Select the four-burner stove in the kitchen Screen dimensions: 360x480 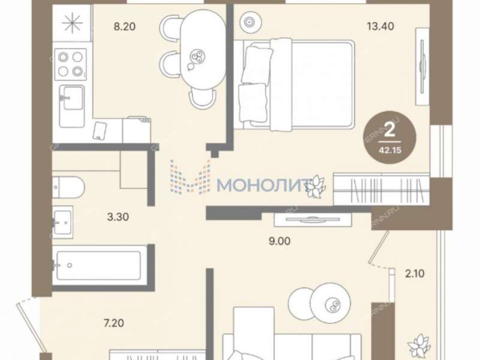point(69,64)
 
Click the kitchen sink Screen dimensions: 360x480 point(71,98)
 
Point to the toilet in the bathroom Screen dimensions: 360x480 point(67,186)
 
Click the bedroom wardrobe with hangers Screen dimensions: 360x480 point(381,189)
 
